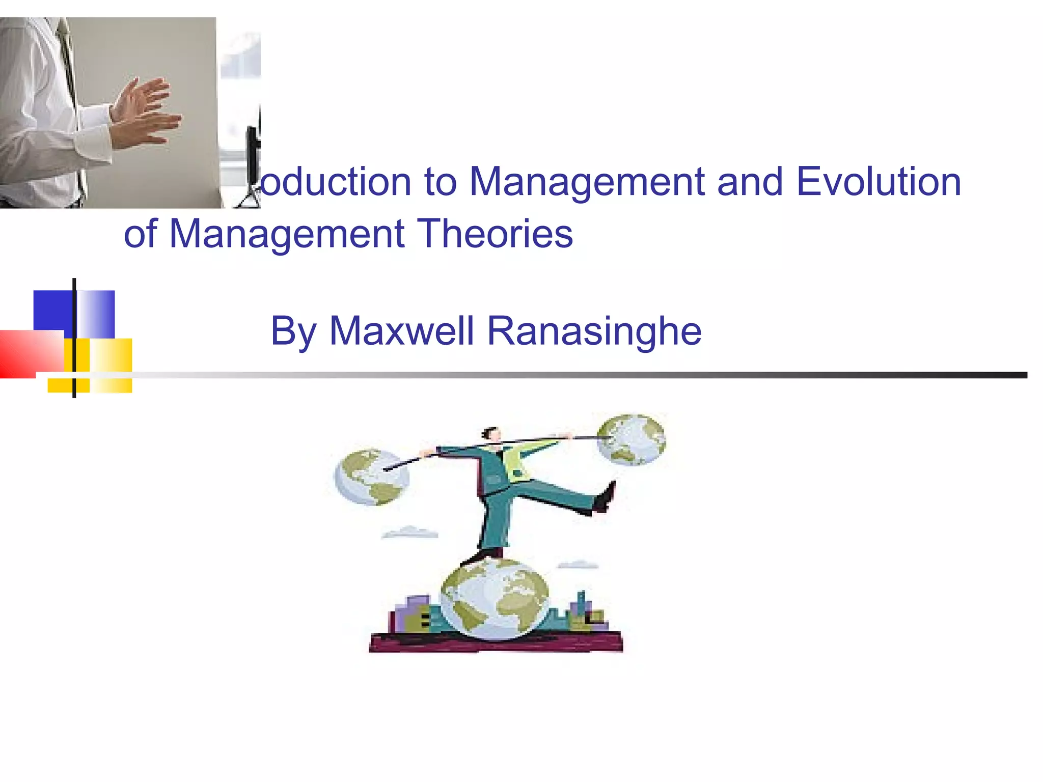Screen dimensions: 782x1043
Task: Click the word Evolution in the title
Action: pyautogui.click(x=879, y=182)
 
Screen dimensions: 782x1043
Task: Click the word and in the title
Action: pyautogui.click(x=750, y=182)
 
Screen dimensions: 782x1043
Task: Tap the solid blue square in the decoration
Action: pyautogui.click(x=53, y=311)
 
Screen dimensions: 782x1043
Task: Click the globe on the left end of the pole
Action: pyautogui.click(x=371, y=477)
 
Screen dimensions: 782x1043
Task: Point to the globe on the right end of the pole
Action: pyautogui.click(x=631, y=439)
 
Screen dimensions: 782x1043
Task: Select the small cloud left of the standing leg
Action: pyautogui.click(x=410, y=533)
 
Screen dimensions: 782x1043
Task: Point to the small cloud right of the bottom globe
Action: pyautogui.click(x=579, y=564)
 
